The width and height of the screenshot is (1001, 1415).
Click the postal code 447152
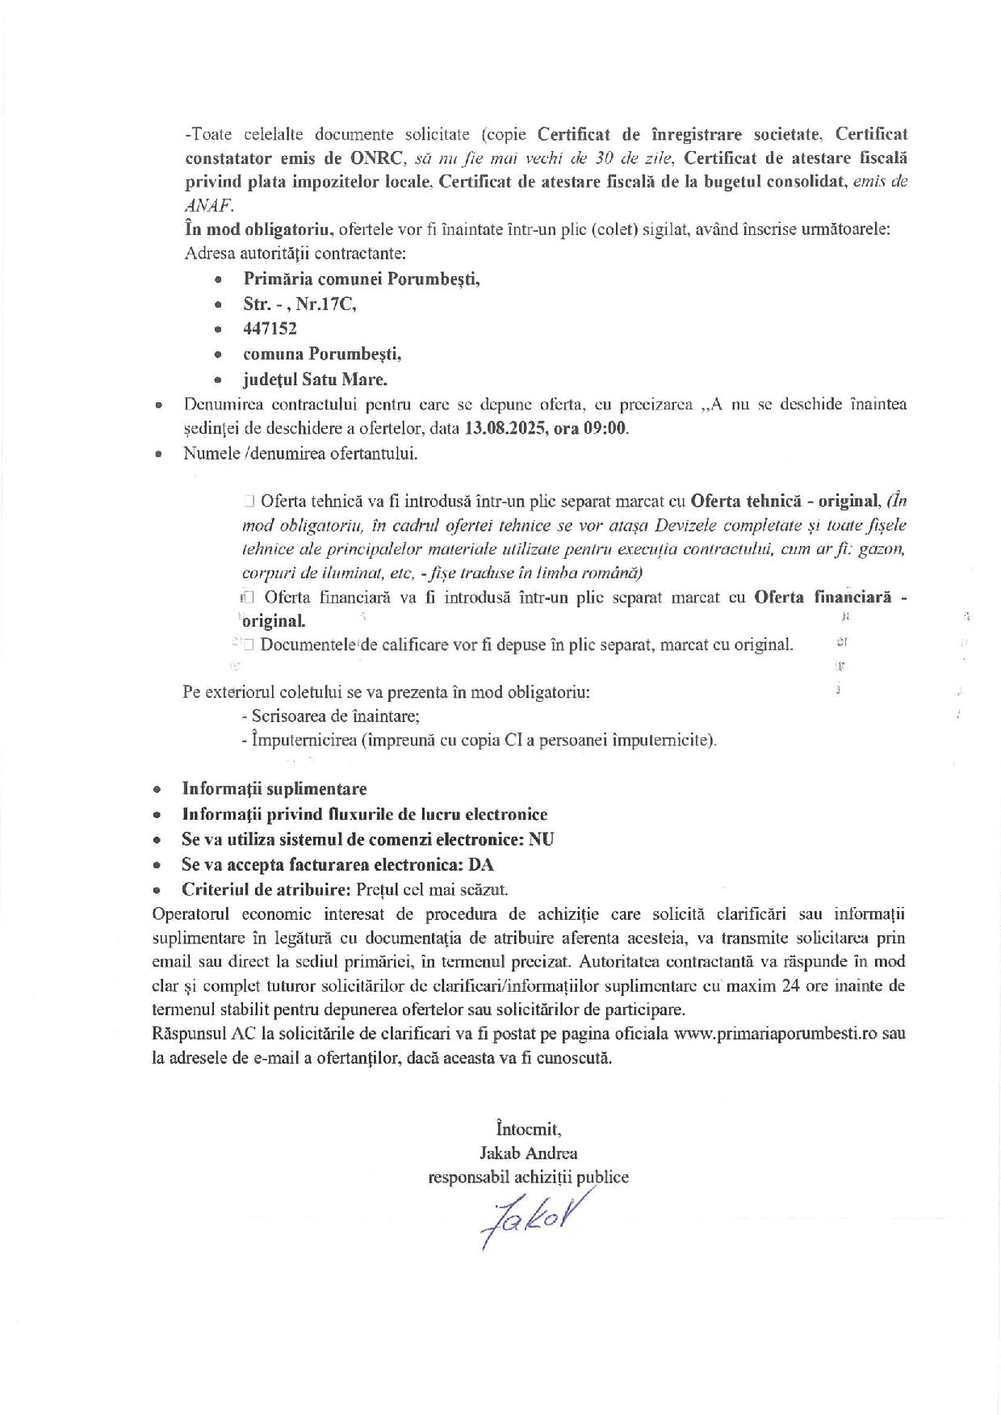tap(270, 329)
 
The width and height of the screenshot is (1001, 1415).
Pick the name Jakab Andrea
tap(528, 1153)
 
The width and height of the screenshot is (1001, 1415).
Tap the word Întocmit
tap(529, 1127)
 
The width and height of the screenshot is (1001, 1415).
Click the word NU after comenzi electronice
tap(542, 839)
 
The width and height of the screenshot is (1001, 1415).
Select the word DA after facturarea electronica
tap(481, 864)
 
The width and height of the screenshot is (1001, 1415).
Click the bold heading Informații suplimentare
tap(274, 789)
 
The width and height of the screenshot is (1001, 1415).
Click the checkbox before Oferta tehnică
tap(249, 501)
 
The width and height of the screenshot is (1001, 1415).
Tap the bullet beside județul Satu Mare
tap(218, 380)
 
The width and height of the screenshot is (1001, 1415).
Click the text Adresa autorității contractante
tap(295, 254)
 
